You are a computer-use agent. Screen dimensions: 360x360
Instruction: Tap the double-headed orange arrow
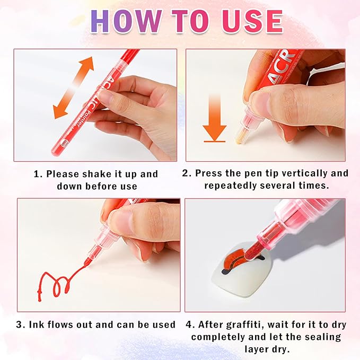point(74,87)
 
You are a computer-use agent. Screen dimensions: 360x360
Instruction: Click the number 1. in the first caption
point(38,174)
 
